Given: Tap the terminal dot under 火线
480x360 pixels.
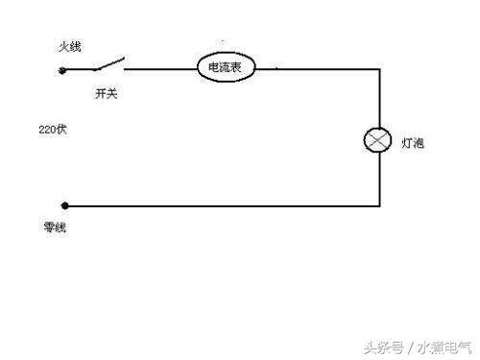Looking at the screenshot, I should (x=64, y=70).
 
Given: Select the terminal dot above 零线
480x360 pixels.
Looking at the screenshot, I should (x=64, y=205).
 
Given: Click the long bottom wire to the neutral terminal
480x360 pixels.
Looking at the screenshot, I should (x=221, y=205).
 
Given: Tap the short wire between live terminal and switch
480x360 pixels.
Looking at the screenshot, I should (x=79, y=70).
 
